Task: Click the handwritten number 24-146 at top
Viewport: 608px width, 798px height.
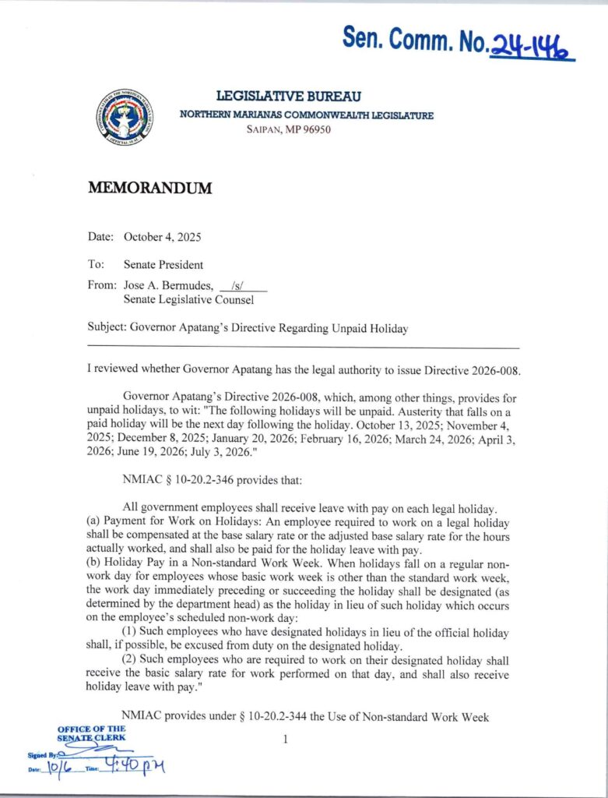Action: tap(530, 45)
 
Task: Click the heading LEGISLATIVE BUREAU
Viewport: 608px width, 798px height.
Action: tap(288, 97)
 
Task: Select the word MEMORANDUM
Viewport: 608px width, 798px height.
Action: tap(149, 189)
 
